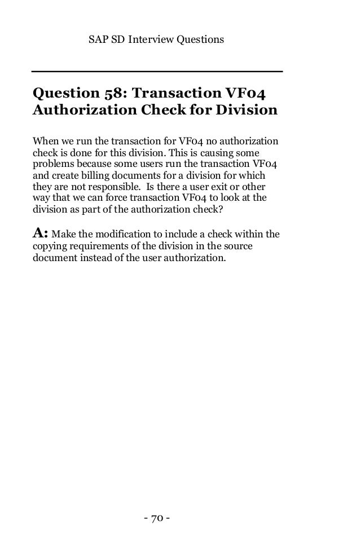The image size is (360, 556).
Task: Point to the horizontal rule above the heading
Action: (156, 72)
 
